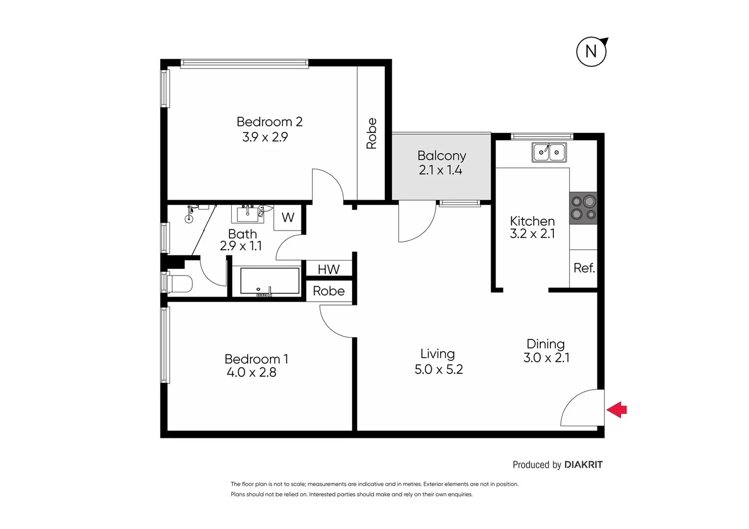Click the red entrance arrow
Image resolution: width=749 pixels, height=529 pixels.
tap(617, 409)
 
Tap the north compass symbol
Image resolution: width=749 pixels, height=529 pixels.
tap(591, 51)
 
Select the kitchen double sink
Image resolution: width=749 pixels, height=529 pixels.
tap(549, 152)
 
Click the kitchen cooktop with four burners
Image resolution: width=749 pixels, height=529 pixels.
tap(583, 208)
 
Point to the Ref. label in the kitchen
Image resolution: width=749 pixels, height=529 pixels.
tap(584, 268)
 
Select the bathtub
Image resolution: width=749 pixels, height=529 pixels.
tap(269, 282)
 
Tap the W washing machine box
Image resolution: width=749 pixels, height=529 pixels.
tap(288, 217)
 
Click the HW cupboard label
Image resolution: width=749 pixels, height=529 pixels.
tap(328, 269)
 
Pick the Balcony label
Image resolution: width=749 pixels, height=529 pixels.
tap(442, 156)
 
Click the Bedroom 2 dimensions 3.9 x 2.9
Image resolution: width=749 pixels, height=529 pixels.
tap(265, 137)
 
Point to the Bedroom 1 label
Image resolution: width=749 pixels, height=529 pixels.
tap(256, 359)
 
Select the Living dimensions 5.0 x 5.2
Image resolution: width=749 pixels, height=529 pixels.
tap(439, 369)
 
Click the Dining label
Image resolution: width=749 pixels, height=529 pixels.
tap(546, 344)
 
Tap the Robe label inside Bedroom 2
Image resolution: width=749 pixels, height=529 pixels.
tap(372, 133)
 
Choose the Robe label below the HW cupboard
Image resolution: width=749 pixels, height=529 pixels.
tap(328, 291)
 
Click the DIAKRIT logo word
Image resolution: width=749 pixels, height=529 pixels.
tap(583, 465)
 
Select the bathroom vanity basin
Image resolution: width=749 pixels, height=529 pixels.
tap(247, 214)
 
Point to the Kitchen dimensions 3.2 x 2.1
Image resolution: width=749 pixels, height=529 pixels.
tap(532, 234)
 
